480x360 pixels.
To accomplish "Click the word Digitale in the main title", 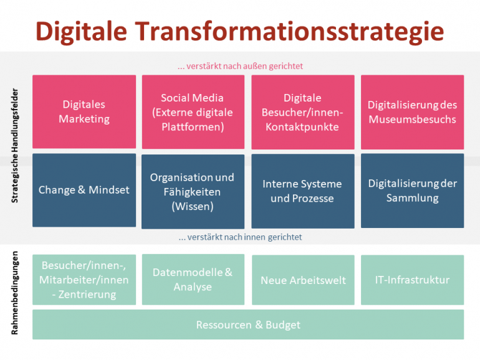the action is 81,32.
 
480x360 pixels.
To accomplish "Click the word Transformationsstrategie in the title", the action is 289,32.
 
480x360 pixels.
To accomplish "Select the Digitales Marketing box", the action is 84,111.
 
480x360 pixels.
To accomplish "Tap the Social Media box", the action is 193,112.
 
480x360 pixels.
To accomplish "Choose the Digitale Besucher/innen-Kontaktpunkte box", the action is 303,112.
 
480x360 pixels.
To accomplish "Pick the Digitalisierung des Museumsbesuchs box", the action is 412,112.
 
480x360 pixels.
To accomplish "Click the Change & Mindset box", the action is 84,190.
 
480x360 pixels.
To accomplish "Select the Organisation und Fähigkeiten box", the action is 193,191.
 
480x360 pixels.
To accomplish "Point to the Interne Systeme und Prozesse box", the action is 303,191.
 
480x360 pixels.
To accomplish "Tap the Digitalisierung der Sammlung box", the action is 412,191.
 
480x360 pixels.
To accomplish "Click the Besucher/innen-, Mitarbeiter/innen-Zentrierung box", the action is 84,280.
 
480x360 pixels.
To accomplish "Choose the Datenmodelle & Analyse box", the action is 193,280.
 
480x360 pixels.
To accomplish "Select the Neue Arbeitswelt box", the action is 303,280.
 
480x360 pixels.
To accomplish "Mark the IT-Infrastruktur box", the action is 412,280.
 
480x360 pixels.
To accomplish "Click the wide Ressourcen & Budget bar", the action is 248,324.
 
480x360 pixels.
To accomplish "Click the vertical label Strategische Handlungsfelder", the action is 15,146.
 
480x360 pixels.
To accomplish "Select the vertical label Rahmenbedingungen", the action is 15,293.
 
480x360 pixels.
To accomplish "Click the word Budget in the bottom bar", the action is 283,325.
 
